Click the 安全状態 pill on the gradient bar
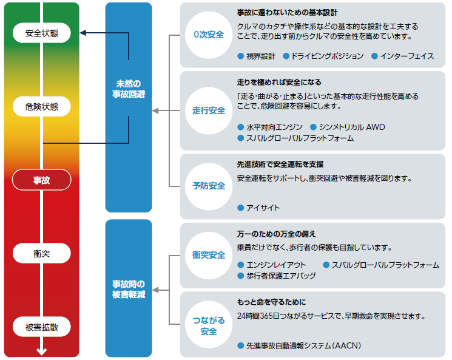point(41,33)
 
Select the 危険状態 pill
point(41,106)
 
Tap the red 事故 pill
point(41,180)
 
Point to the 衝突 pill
point(41,253)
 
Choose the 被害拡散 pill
point(41,327)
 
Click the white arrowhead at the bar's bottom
point(41,352)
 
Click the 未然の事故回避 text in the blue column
point(129,89)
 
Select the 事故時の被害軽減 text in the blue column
point(129,290)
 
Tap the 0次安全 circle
point(209,35)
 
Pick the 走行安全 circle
point(209,110)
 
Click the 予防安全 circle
point(209,186)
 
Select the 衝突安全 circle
point(209,256)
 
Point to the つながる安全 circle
point(209,325)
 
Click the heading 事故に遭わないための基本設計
point(287,13)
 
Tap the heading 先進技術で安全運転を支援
point(280,165)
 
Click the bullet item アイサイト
point(258,208)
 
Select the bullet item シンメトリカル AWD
point(348,127)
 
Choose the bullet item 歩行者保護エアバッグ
point(277,276)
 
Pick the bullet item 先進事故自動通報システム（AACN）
point(299,345)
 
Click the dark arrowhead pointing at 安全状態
point(83,33)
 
